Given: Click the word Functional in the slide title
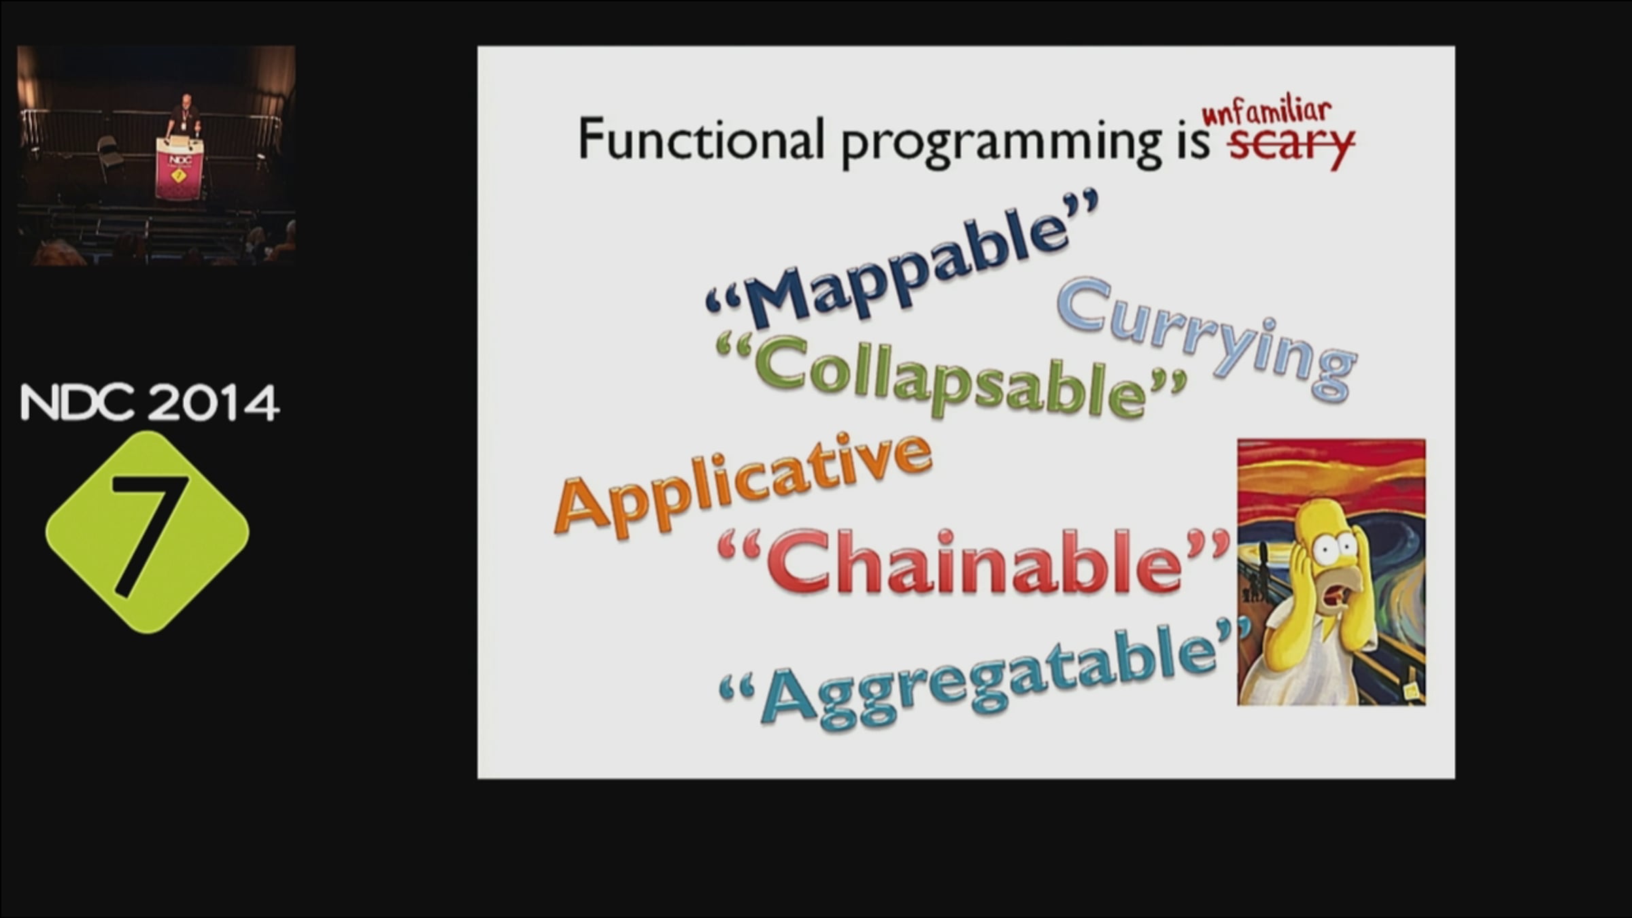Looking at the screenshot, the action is point(701,139).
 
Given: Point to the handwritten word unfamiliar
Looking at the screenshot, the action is point(1266,112).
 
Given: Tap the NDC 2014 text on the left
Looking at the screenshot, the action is point(150,403).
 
